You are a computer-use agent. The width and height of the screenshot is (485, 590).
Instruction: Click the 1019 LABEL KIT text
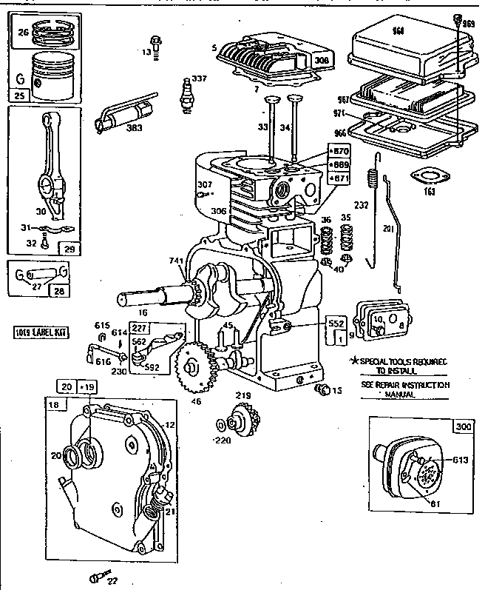pyautogui.click(x=35, y=332)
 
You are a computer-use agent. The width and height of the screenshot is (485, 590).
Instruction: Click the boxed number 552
pyautogui.click(x=336, y=324)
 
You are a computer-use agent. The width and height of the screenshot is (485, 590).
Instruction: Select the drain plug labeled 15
pyautogui.click(x=322, y=388)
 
